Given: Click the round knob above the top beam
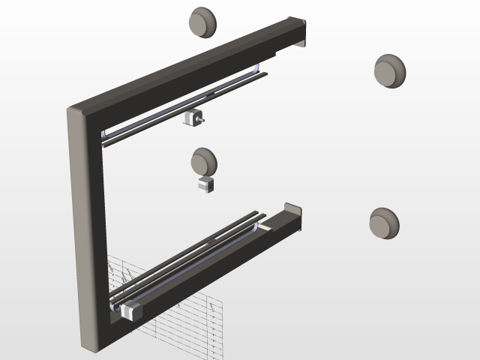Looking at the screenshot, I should tap(202, 22).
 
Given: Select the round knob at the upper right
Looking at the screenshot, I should tap(389, 71).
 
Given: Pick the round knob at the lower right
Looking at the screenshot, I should tap(384, 223).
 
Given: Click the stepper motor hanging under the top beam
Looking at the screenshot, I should tap(192, 118).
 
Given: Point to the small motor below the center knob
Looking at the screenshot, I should tap(206, 184).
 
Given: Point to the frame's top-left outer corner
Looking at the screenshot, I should tap(72, 111).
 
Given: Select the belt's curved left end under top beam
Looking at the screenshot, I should tap(103, 135).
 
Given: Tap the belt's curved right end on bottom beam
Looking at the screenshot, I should tap(262, 223).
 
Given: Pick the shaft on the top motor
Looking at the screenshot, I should tap(200, 118).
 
